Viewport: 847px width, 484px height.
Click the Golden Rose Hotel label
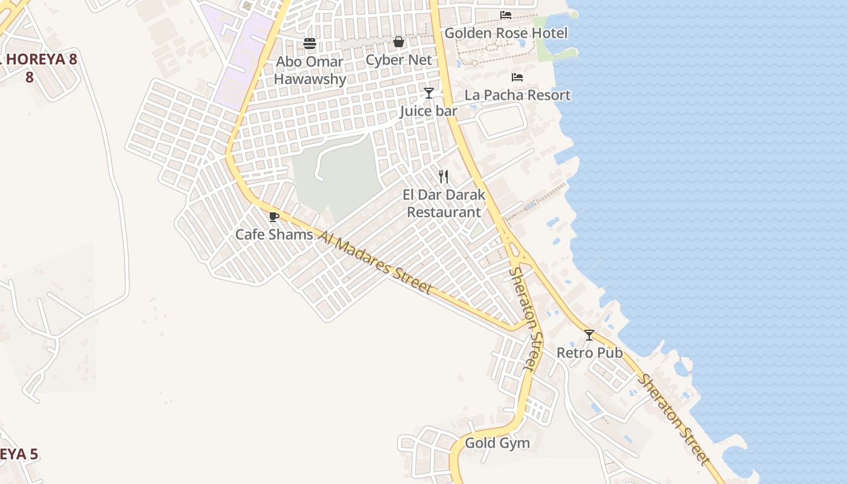point(506,33)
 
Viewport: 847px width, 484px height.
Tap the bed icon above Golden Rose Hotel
point(506,15)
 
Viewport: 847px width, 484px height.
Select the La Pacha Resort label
point(517,96)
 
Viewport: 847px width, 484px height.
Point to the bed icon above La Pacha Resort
point(517,77)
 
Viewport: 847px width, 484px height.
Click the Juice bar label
point(428,111)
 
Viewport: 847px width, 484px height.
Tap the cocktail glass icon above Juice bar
point(429,93)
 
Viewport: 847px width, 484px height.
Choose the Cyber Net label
point(399,60)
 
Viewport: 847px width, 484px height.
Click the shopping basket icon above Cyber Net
point(399,42)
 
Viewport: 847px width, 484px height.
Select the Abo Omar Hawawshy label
point(310,70)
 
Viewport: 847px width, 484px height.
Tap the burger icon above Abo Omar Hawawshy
point(310,43)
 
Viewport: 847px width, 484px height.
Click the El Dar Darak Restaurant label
point(444,203)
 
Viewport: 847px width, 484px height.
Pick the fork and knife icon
point(444,177)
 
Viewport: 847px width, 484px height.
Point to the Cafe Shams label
point(274,235)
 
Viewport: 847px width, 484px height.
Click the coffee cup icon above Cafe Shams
point(274,217)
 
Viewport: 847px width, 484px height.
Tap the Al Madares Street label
point(375,263)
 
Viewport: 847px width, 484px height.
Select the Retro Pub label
point(589,353)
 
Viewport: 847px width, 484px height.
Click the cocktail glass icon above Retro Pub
point(589,335)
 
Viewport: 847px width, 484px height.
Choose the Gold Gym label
point(497,443)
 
